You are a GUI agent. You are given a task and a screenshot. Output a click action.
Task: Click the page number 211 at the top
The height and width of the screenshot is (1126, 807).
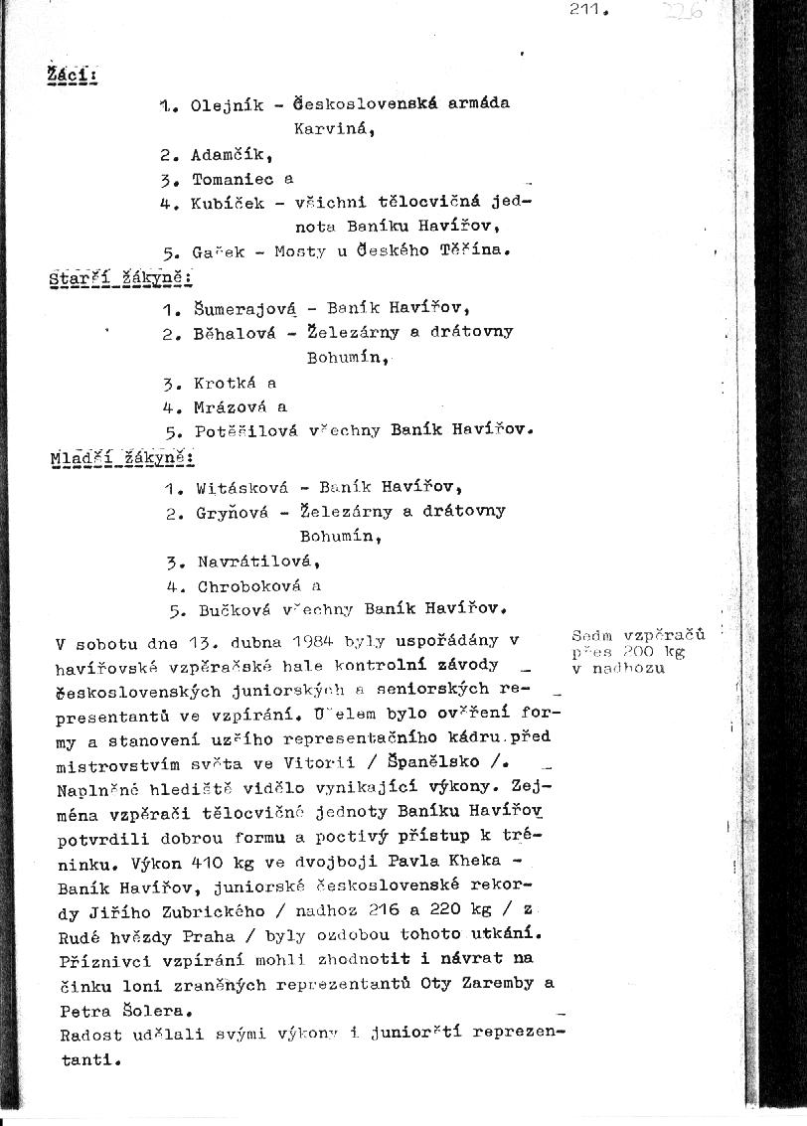587,10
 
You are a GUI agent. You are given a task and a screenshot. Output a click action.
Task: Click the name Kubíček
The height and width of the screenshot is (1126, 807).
228,204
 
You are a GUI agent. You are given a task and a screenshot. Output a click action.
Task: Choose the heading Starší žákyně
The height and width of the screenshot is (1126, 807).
119,277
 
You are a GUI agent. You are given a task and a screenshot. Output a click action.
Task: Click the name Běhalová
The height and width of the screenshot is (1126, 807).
233,333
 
